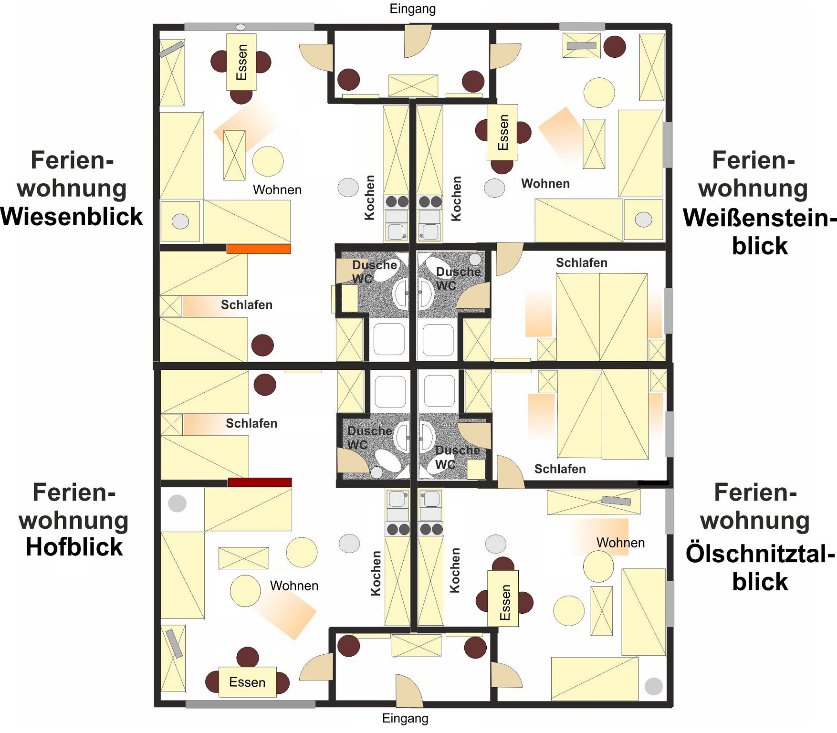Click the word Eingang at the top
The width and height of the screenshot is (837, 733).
click(x=413, y=9)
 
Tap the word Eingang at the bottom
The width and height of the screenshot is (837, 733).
click(x=405, y=718)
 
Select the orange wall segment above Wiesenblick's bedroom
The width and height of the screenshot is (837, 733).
click(x=259, y=249)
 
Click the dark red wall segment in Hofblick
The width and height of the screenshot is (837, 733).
click(x=260, y=482)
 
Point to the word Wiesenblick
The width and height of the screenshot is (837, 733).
click(x=72, y=217)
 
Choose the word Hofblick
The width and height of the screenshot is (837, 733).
click(x=74, y=547)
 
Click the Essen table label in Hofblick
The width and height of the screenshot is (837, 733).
click(x=247, y=682)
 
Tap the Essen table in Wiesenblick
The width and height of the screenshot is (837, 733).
click(x=241, y=62)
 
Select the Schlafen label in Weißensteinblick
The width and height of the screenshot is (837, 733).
click(x=582, y=263)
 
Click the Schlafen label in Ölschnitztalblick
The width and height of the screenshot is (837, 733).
click(x=560, y=469)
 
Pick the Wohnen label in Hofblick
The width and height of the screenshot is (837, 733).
click(x=294, y=586)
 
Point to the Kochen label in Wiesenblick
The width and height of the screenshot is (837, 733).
click(x=370, y=198)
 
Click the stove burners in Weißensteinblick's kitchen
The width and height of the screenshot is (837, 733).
click(x=429, y=202)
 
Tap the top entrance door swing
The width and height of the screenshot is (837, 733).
click(x=418, y=42)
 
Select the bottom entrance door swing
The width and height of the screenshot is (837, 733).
click(x=409, y=691)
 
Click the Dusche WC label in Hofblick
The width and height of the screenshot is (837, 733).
click(x=369, y=438)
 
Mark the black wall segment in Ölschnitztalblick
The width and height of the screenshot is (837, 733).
click(x=653, y=483)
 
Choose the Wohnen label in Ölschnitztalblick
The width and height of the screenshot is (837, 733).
click(x=620, y=543)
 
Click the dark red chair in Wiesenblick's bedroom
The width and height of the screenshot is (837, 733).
click(x=262, y=345)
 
